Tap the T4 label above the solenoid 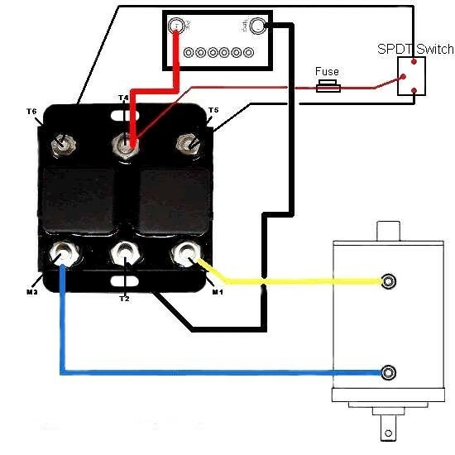coord(123,98)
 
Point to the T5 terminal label coord(213,110)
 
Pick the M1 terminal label coord(217,291)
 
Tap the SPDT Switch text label coord(415,50)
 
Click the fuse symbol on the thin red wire coord(328,86)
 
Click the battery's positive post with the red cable coord(176,27)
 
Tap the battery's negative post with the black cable coord(257,27)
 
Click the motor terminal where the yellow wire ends coord(387,281)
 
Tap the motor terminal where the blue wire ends coord(387,372)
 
